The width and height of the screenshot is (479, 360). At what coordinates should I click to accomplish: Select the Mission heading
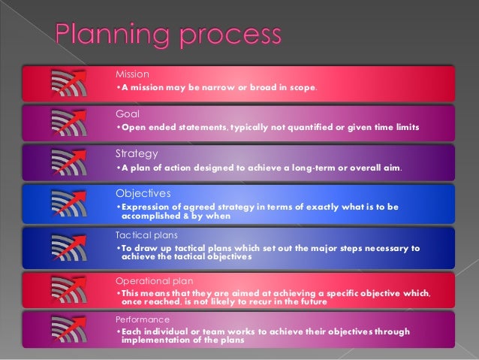[x=132, y=74]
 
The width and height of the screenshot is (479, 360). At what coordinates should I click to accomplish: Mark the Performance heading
[x=138, y=319]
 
